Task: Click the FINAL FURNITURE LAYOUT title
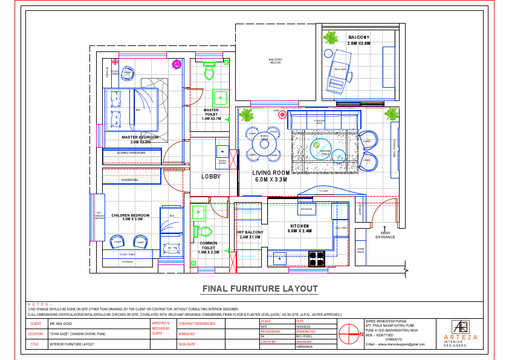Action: (259, 289)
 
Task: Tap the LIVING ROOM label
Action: (270, 176)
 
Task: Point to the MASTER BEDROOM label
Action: (140, 139)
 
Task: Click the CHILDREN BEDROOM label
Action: (131, 217)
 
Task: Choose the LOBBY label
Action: (211, 177)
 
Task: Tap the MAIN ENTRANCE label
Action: (384, 235)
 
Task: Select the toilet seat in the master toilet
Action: (209, 72)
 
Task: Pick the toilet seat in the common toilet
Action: (204, 231)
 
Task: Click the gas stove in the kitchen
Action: (317, 259)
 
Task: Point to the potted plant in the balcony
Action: (330, 39)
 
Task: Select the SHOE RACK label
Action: (361, 250)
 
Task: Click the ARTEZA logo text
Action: (461, 338)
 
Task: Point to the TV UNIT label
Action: (323, 191)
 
